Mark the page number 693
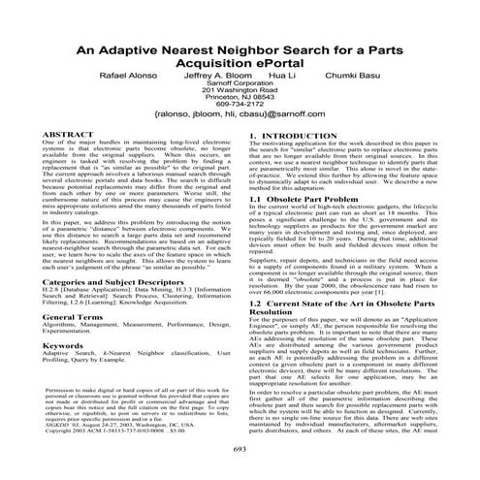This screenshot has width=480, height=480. tap(240, 450)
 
